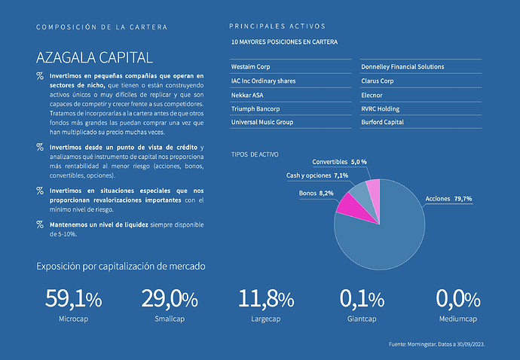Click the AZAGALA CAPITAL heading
[94, 57]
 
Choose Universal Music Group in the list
[262, 122]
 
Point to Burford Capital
[383, 122]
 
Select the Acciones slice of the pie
[384, 233]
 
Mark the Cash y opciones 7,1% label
[317, 175]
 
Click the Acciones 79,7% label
[448, 199]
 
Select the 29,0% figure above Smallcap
[170, 299]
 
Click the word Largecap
[266, 319]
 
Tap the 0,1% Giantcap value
[362, 299]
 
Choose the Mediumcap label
[457, 319]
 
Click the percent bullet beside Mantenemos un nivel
[39, 224]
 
